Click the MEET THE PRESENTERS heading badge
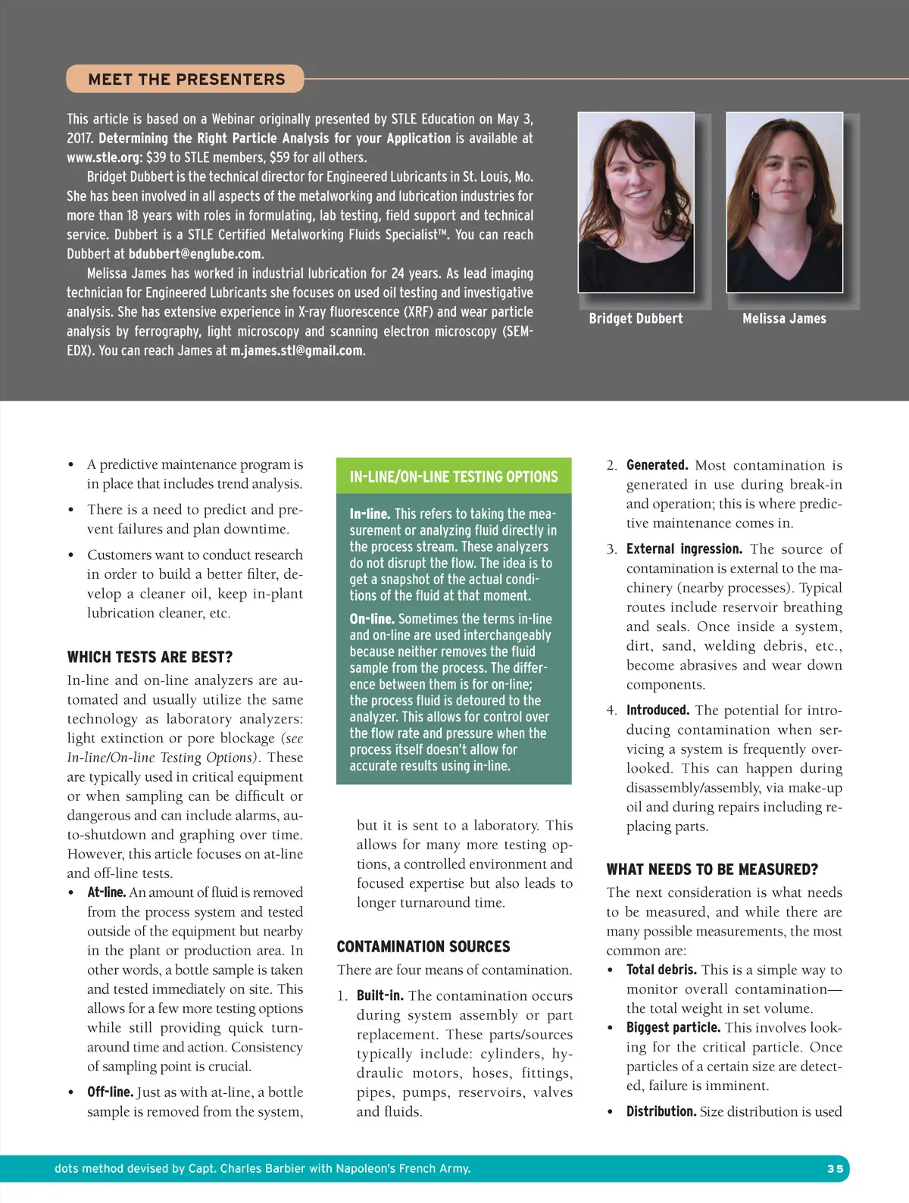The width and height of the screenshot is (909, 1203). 186,79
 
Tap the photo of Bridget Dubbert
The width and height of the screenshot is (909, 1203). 636,202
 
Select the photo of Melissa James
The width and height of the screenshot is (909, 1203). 784,202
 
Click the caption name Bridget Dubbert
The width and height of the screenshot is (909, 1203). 636,319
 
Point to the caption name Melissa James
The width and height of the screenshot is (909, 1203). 784,319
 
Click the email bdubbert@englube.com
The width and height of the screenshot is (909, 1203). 195,255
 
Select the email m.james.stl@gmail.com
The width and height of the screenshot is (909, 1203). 296,351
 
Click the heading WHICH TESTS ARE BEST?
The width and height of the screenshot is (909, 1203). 150,657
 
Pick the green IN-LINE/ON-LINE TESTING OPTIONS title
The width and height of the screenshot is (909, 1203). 454,477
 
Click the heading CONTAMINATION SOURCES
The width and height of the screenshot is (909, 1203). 423,946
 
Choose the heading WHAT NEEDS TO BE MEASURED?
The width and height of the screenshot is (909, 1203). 712,869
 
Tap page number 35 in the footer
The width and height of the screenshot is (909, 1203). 835,1169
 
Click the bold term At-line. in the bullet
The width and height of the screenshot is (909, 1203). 107,892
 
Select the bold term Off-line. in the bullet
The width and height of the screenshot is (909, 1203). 111,1092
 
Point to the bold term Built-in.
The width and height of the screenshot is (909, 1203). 380,995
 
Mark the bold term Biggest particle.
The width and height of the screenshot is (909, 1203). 673,1028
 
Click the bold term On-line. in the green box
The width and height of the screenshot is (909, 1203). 372,619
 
